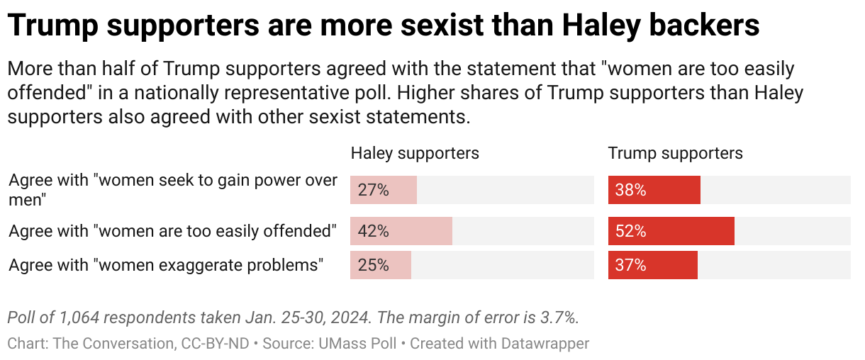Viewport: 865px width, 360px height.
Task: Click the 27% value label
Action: pyautogui.click(x=373, y=190)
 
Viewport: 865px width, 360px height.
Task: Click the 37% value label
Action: pyautogui.click(x=630, y=265)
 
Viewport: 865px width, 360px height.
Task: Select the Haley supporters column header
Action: pyautogui.click(x=415, y=153)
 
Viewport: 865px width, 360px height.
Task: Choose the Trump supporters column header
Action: pyautogui.click(x=675, y=153)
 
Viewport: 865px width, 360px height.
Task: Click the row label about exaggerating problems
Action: pyautogui.click(x=166, y=265)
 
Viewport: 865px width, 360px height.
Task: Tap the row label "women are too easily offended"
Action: pyautogui.click(x=172, y=231)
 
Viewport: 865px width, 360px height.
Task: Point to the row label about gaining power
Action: pyautogui.click(x=173, y=189)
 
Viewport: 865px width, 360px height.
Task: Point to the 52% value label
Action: pyautogui.click(x=630, y=231)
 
